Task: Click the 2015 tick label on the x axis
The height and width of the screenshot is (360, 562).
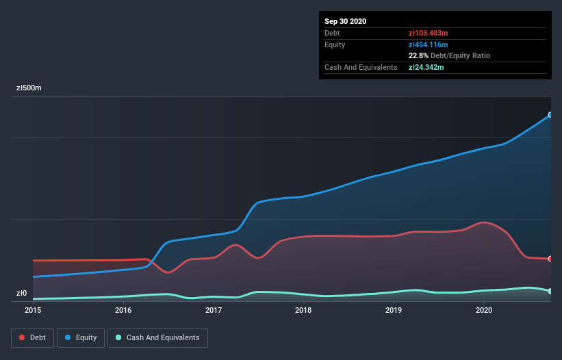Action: click(33, 311)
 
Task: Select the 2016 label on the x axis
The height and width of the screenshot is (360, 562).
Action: click(123, 311)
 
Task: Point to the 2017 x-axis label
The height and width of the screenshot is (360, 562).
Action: click(214, 311)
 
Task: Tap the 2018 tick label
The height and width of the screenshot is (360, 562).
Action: click(303, 311)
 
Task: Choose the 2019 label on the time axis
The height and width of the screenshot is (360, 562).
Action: click(394, 311)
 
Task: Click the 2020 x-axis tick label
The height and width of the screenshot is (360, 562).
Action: click(484, 311)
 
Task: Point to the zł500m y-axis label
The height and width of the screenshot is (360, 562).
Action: click(29, 88)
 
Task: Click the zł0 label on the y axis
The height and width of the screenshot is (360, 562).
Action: click(22, 294)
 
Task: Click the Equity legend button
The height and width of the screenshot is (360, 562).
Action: click(81, 337)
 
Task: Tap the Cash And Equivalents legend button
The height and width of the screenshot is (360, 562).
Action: click(157, 337)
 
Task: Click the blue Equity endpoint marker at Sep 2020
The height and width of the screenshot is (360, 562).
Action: click(550, 115)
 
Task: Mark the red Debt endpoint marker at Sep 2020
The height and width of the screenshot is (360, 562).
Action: click(550, 259)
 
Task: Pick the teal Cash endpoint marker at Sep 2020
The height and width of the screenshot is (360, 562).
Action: click(550, 292)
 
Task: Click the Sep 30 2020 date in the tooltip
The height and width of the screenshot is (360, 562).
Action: click(346, 21)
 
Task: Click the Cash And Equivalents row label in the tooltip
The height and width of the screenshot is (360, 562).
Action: click(361, 67)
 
